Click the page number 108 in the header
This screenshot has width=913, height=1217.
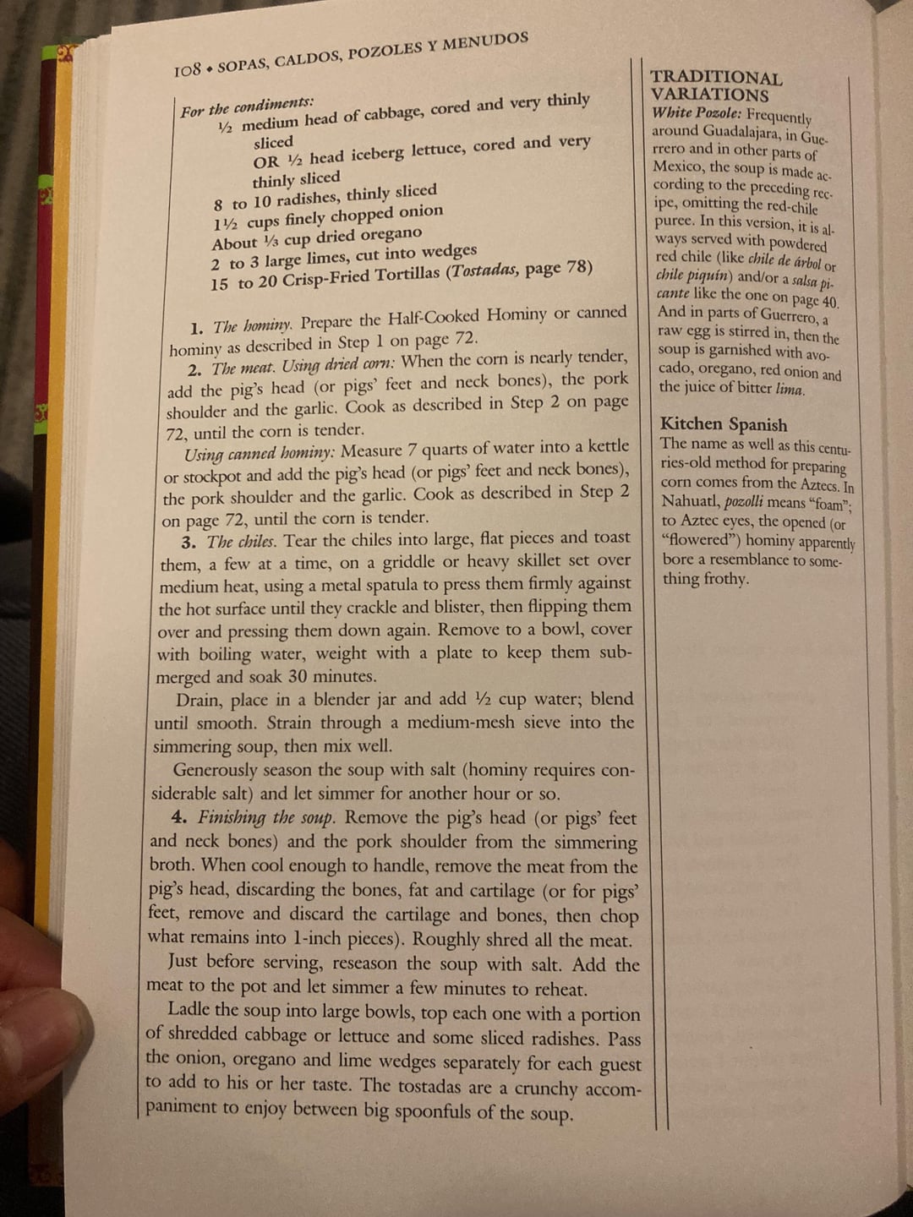187,71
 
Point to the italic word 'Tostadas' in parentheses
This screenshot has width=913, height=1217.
484,272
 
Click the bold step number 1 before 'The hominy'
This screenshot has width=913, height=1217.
196,328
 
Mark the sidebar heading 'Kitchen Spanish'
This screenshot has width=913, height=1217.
724,424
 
